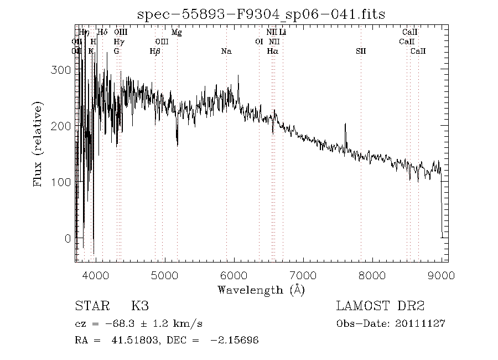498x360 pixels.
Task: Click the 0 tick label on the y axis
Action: pos(68,239)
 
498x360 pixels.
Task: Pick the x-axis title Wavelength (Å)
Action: pos(261,289)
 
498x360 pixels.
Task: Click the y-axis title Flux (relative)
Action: pos(38,144)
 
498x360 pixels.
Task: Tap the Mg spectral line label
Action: pos(177,33)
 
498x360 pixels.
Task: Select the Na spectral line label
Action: pos(226,52)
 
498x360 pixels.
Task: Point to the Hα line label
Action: pos(272,52)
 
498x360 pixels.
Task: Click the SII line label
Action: pos(361,52)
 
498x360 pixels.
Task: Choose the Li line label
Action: pos(283,33)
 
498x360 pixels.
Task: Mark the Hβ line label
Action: pos(155,52)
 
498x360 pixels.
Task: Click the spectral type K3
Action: pos(139,306)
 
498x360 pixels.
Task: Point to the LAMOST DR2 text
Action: pos(380,306)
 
